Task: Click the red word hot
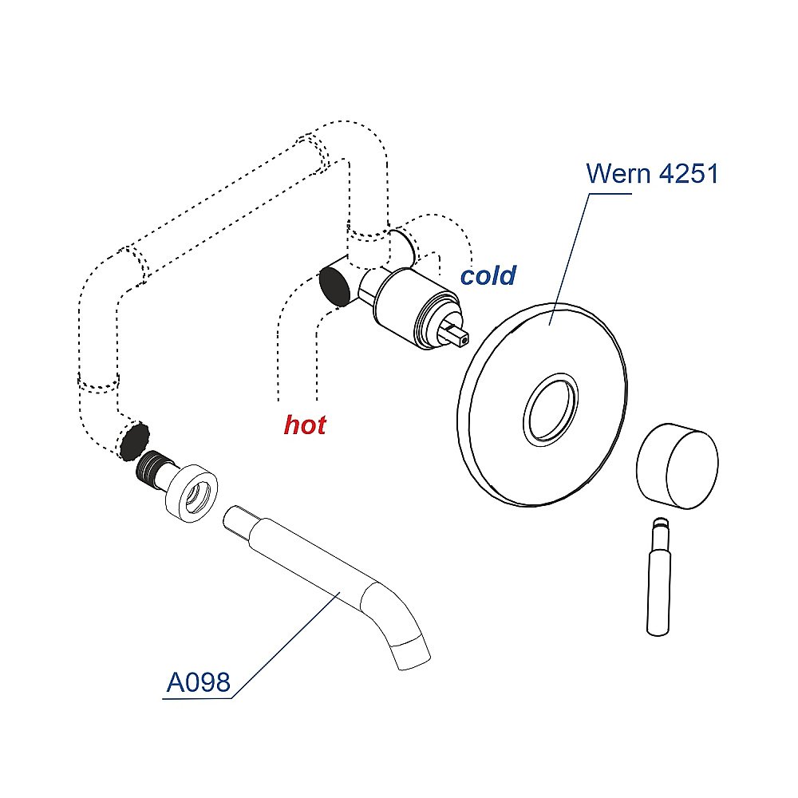[x=305, y=425]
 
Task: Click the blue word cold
[x=488, y=275]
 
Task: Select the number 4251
[x=688, y=173]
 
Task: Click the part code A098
[x=199, y=682]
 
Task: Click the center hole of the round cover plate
[x=551, y=409]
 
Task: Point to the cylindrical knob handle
[x=678, y=466]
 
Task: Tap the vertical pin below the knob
[x=658, y=577]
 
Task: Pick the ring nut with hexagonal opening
[x=192, y=493]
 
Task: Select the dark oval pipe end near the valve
[x=335, y=286]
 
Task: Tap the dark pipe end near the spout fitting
[x=135, y=440]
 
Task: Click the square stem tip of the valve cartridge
[x=460, y=337]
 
